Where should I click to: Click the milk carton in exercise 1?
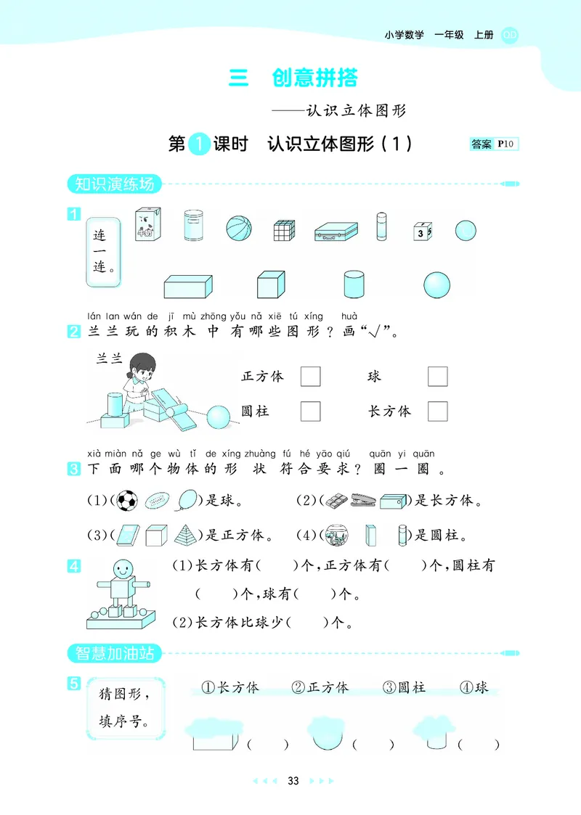tap(147, 224)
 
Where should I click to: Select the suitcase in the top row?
tap(336, 231)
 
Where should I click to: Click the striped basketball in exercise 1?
tap(238, 229)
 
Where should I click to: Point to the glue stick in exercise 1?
tap(381, 226)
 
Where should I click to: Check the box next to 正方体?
tap(310, 377)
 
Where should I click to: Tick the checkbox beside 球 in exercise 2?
tap(437, 377)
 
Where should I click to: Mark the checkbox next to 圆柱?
tap(310, 411)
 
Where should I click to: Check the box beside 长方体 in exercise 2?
tap(437, 411)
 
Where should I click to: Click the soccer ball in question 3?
tap(127, 501)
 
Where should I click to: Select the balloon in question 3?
tap(187, 500)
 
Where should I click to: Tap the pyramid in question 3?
tap(186, 536)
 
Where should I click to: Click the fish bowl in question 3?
tap(336, 536)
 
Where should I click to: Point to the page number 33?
tap(293, 781)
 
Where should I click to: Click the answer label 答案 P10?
tap(494, 144)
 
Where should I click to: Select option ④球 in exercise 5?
tap(475, 687)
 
